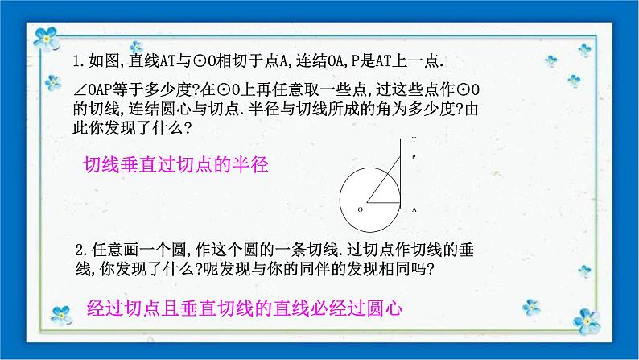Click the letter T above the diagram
tap(414, 139)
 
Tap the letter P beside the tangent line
tap(414, 158)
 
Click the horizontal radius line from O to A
tap(384, 201)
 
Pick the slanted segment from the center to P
tap(384, 182)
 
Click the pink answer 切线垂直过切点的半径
tap(175, 165)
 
